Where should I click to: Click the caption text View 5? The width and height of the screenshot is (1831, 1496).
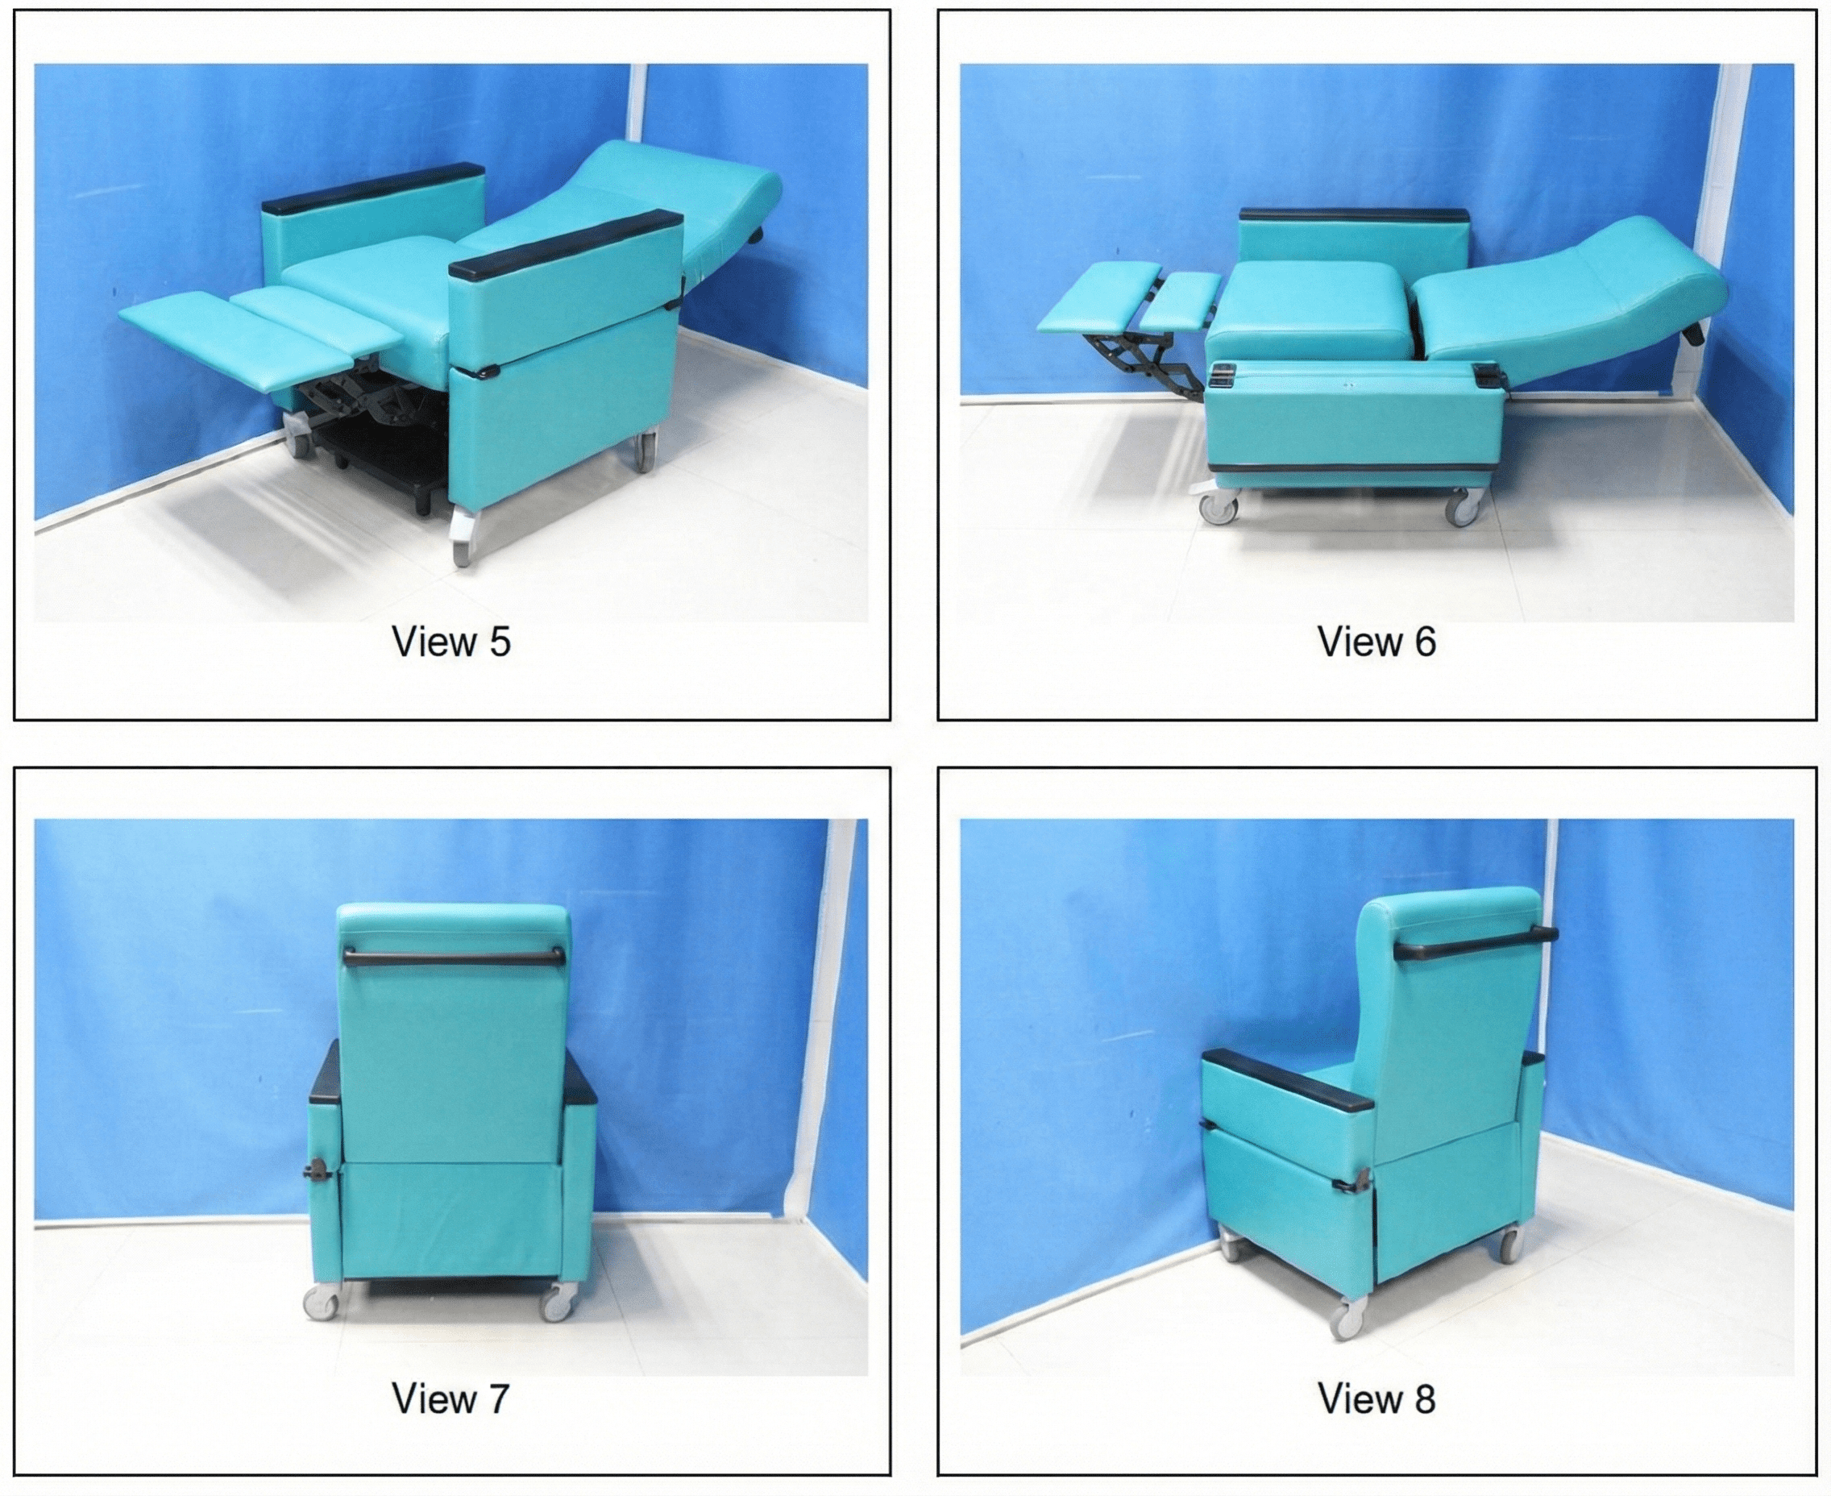pos(450,642)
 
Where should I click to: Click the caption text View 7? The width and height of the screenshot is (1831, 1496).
pos(450,1398)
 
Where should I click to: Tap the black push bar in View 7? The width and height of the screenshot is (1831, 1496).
pos(453,956)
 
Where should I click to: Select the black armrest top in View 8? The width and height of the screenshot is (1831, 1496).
pos(1286,1080)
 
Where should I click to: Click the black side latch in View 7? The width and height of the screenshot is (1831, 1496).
pos(318,1173)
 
